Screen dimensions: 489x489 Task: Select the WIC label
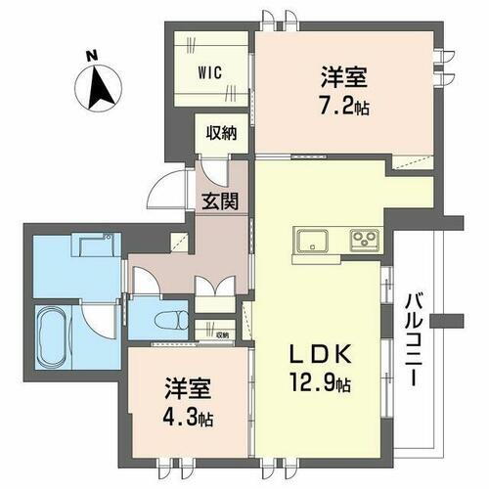pos(210,71)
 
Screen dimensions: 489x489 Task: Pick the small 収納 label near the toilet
pos(223,333)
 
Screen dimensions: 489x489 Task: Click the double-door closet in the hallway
pos(214,291)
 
